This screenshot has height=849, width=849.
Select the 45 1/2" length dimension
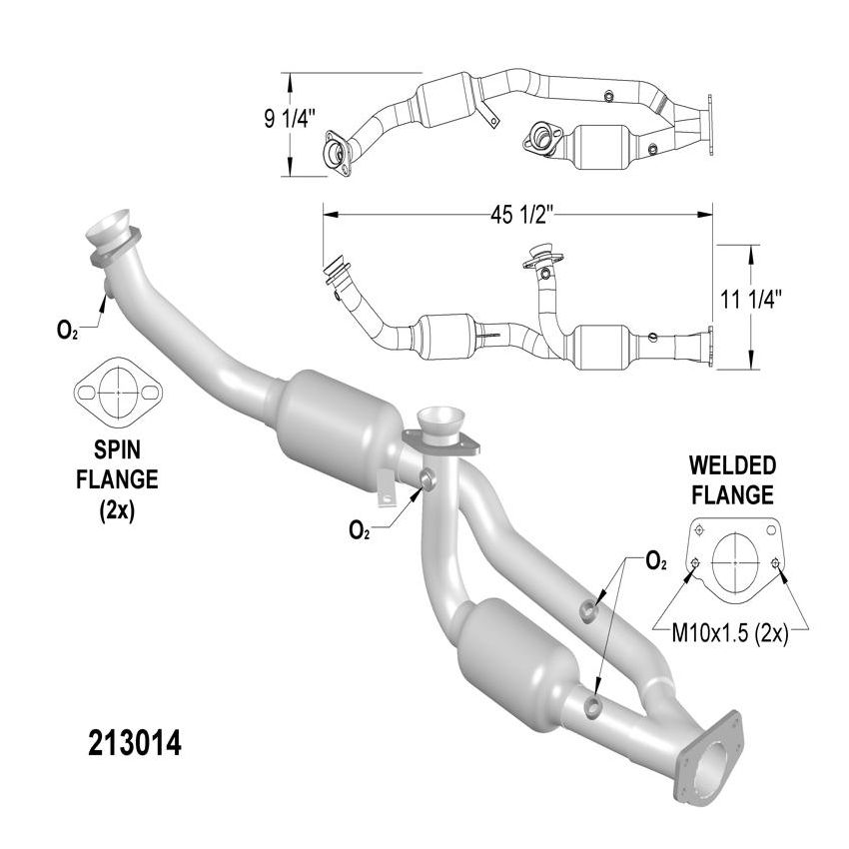(x=516, y=214)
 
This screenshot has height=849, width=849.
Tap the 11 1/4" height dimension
(x=750, y=298)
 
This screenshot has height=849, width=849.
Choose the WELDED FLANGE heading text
(x=732, y=479)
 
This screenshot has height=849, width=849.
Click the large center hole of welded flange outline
(x=736, y=565)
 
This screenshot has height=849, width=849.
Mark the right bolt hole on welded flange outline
(x=776, y=566)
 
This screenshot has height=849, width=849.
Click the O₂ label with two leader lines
(x=656, y=562)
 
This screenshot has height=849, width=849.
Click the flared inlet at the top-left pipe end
(x=110, y=227)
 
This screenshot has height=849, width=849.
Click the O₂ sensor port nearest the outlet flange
(x=594, y=707)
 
